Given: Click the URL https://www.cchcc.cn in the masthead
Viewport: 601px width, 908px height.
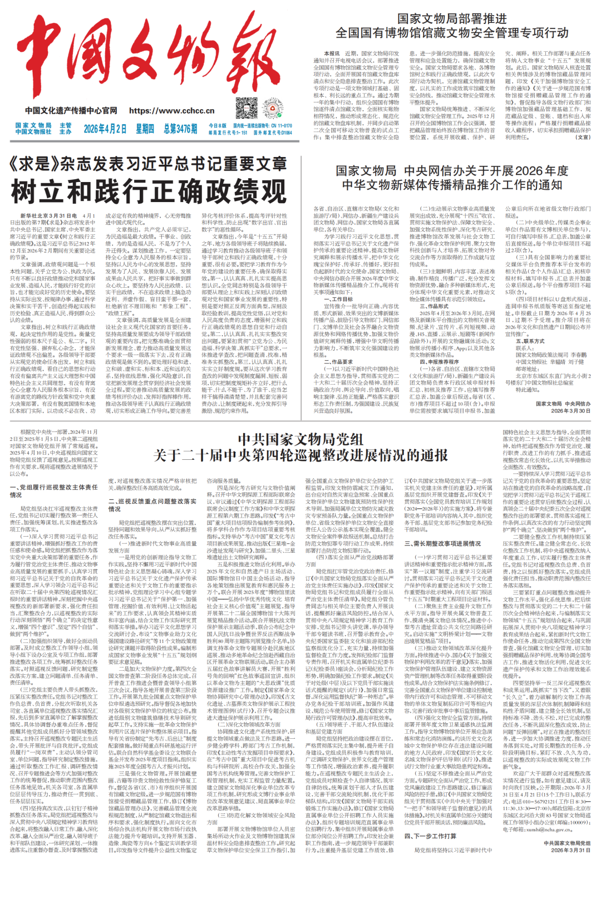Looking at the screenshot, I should tap(171, 111).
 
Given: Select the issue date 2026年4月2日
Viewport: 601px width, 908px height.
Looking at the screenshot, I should tap(105, 129).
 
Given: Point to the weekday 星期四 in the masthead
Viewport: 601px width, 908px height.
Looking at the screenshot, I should tap(145, 129).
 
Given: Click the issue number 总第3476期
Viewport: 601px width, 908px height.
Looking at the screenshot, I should tap(180, 129).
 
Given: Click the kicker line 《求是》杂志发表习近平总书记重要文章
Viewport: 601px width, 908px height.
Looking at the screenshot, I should tap(149, 164).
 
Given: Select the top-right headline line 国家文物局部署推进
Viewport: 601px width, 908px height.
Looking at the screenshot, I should tap(452, 19).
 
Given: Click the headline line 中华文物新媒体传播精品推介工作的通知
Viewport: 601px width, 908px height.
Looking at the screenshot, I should tap(452, 185).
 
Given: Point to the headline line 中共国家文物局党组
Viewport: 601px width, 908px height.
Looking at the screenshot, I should tap(300, 439).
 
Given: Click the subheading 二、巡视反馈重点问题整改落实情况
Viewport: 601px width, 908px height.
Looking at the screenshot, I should tap(152, 505).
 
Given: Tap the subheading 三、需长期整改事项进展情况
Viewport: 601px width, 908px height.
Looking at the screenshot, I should tap(442, 543).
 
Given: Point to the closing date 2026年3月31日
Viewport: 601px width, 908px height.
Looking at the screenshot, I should tap(571, 850).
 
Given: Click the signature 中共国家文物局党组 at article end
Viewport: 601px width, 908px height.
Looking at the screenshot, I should tap(567, 843).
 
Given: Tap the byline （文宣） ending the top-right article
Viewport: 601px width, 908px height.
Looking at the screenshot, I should tap(583, 137).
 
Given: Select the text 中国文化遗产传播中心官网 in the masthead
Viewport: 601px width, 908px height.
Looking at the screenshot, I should tap(71, 111).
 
